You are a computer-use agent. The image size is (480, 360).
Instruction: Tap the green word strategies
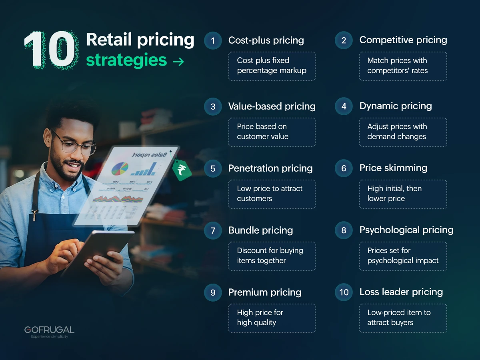tap(126, 60)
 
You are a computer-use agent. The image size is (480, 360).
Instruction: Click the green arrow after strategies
tap(178, 62)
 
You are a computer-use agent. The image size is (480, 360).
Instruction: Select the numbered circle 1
tap(213, 40)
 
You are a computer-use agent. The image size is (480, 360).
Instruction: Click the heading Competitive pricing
tap(403, 40)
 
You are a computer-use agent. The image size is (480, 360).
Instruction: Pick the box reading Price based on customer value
tap(272, 132)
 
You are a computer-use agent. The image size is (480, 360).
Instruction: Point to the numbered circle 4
tap(344, 106)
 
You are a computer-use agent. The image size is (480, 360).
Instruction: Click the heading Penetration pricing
tap(270, 168)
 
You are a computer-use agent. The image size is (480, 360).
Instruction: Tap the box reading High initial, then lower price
tap(402, 194)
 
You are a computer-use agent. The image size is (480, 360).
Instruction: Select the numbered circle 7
tap(213, 230)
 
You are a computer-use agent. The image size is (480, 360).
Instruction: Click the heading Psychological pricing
tap(406, 230)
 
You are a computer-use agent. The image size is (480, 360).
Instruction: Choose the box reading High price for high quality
tap(272, 318)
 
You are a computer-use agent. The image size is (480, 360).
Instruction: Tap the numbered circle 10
tap(344, 292)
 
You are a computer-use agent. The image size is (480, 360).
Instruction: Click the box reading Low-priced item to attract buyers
tap(402, 318)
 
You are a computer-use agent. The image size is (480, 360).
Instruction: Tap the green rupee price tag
tap(182, 170)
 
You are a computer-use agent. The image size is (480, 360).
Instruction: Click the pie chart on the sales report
tap(120, 168)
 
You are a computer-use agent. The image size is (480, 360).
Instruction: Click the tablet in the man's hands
tap(98, 252)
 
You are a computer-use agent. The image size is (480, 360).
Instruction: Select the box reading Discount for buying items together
tap(272, 256)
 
